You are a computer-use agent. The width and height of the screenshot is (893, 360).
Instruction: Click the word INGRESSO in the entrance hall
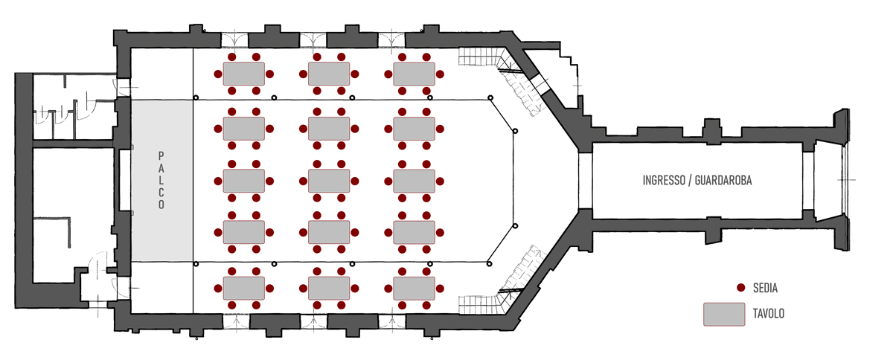[x=664, y=181]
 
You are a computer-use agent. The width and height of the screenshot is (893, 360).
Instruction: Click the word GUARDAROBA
[x=723, y=181]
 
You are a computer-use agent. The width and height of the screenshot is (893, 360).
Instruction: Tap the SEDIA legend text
[x=765, y=288]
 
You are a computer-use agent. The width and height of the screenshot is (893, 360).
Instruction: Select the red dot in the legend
[x=740, y=287]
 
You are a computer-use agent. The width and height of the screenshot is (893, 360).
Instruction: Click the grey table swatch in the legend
[x=724, y=315]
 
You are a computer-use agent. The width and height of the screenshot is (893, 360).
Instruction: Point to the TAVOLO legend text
[x=768, y=314]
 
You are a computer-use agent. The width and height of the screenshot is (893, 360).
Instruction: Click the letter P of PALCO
[x=161, y=156]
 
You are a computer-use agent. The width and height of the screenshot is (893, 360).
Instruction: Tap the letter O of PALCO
[x=161, y=205]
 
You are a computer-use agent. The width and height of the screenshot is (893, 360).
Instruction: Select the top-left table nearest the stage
[x=243, y=74]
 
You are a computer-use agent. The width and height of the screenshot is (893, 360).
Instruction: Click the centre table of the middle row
[x=329, y=181]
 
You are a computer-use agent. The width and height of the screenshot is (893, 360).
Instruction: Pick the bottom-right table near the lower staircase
[x=415, y=289]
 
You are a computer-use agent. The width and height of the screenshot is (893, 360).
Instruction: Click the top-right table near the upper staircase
[x=415, y=74]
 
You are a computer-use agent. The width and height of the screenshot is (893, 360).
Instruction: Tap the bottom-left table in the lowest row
[x=243, y=289]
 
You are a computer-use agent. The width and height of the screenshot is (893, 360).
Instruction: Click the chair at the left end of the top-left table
[x=218, y=74]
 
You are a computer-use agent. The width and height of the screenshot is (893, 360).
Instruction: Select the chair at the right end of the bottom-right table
[x=440, y=289]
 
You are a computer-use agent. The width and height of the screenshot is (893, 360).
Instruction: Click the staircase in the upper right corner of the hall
[x=500, y=76]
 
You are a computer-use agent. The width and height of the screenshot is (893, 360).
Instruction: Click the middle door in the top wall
[x=313, y=40]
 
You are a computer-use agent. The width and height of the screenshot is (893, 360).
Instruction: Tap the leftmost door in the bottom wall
[x=236, y=321]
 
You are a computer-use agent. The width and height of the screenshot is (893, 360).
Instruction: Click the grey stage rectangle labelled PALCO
[x=162, y=181]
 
